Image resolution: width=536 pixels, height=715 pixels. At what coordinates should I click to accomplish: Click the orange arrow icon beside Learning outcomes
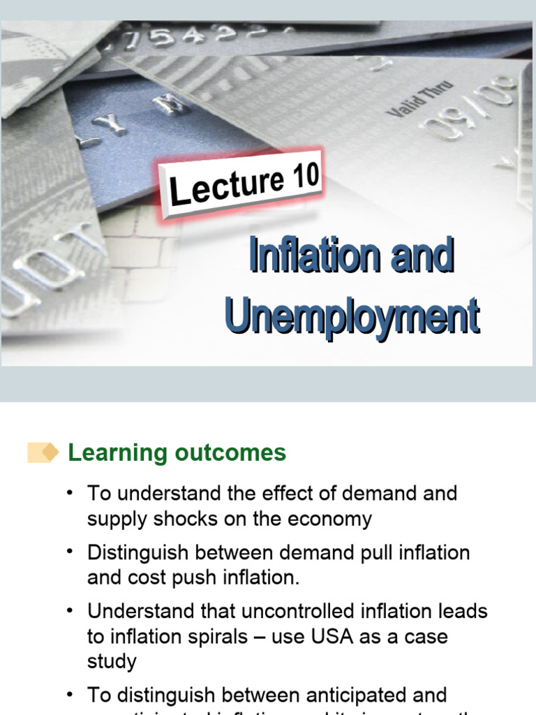44,452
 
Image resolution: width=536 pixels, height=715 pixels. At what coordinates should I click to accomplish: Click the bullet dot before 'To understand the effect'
70,493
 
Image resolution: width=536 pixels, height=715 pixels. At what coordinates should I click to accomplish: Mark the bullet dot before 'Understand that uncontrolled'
70,612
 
